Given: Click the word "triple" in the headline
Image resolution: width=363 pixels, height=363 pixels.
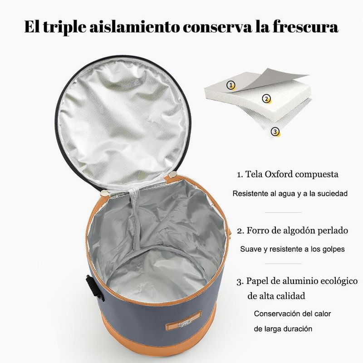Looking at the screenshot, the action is point(64,28).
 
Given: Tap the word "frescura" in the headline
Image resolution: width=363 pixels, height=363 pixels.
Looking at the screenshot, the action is point(305,27).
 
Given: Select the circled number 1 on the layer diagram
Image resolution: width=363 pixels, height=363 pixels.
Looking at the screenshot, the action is point(231,85).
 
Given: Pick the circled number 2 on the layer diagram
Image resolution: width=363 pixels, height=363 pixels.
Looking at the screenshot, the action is point(266,98).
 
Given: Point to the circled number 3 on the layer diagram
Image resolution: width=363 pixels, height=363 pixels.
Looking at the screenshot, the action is point(275,132).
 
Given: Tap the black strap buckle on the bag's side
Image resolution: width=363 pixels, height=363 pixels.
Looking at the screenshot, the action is point(95,288).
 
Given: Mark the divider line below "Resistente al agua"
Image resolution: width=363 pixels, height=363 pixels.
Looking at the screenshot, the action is point(283,212).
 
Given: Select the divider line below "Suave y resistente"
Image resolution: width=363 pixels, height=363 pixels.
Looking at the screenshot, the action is point(283,264).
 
